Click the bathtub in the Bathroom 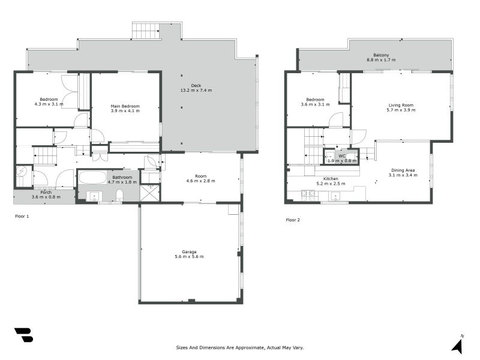point(92,178)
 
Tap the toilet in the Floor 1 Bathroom point(119,194)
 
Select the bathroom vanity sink point(94,196)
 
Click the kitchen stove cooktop point(308,194)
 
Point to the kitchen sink point(334,195)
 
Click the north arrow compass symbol point(457,344)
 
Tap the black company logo point(23,335)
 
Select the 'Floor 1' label point(22,215)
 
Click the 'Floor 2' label point(292,220)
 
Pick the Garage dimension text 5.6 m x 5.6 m point(190,257)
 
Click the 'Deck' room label point(196,85)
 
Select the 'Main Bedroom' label point(125,106)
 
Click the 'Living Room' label point(400,105)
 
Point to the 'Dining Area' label point(403,170)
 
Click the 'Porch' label point(46,192)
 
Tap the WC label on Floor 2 point(341,156)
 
